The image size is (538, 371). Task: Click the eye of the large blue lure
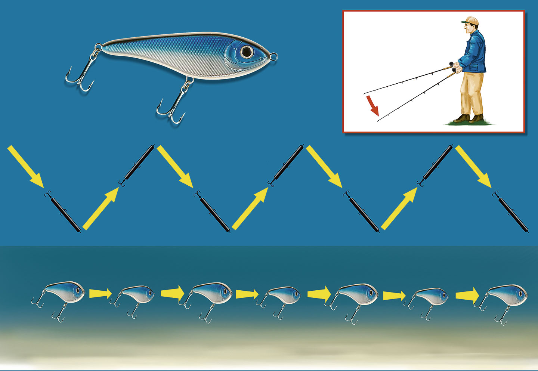[247, 52]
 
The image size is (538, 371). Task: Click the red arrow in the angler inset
[372, 105]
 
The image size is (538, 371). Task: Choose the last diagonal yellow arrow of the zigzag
[473, 166]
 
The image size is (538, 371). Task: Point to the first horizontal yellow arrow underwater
[101, 294]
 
